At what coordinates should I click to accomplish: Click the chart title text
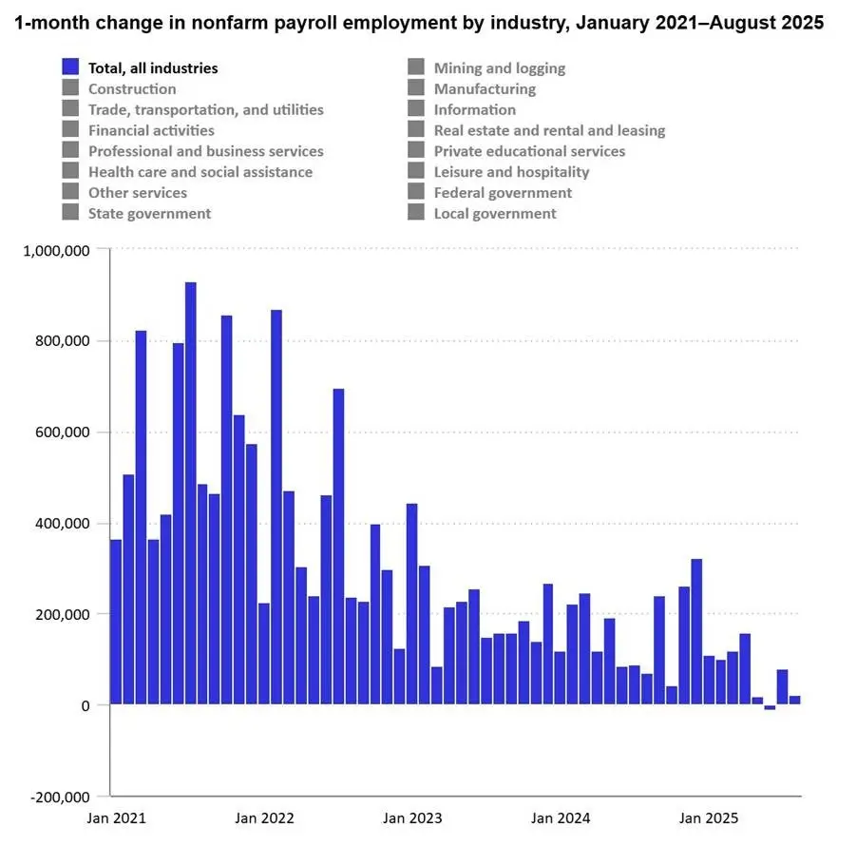pos(419,24)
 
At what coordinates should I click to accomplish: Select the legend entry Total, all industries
pos(153,68)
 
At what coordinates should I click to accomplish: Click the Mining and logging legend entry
pos(499,68)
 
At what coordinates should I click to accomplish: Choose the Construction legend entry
pos(132,89)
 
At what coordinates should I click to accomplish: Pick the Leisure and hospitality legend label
pos(511,172)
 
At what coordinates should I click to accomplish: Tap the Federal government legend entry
pos(503,193)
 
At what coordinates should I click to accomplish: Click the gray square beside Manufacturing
pos(416,89)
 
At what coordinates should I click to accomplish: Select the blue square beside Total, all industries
pos(70,68)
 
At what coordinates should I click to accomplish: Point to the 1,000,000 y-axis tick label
pos(56,250)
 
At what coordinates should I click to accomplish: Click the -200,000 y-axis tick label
pos(59,797)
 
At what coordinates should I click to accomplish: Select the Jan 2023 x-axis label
pos(412,818)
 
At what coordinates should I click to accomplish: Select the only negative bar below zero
pos(770,707)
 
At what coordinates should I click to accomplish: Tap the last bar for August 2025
pos(794,700)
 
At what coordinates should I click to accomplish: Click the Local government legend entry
pos(495,214)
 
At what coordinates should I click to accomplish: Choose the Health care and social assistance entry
pos(200,172)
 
